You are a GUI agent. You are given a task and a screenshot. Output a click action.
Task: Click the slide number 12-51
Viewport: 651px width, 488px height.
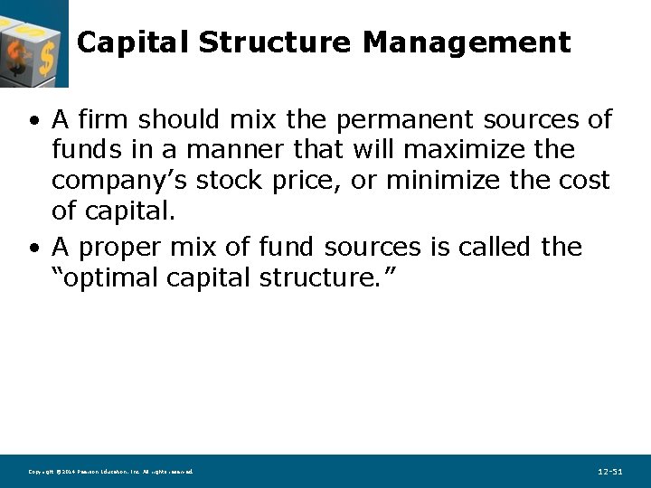tap(610, 472)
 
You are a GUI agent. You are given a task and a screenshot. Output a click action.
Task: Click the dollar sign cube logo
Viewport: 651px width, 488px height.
tap(33, 42)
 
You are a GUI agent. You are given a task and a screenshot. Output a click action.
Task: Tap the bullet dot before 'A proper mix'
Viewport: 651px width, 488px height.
tap(33, 248)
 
